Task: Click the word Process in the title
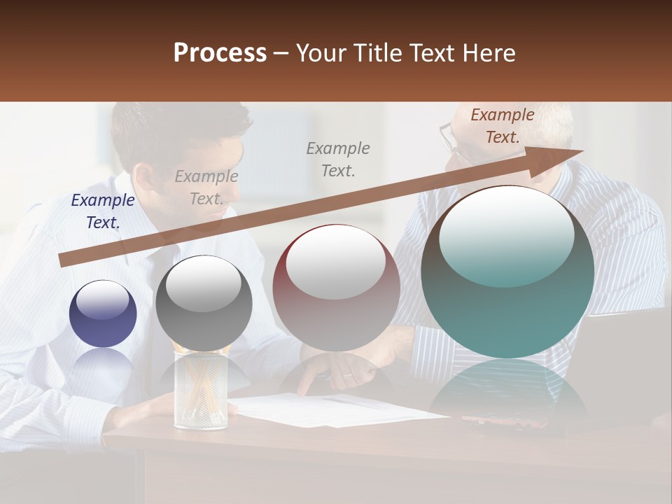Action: [x=220, y=53]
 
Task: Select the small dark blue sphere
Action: [x=103, y=314]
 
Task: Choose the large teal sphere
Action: [x=507, y=273]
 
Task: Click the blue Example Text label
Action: [x=103, y=211]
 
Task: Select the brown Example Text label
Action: [x=502, y=126]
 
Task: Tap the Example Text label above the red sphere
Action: [x=338, y=159]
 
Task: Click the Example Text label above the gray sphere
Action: [x=206, y=188]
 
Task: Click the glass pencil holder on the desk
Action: [x=200, y=392]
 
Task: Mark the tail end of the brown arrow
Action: [x=65, y=260]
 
